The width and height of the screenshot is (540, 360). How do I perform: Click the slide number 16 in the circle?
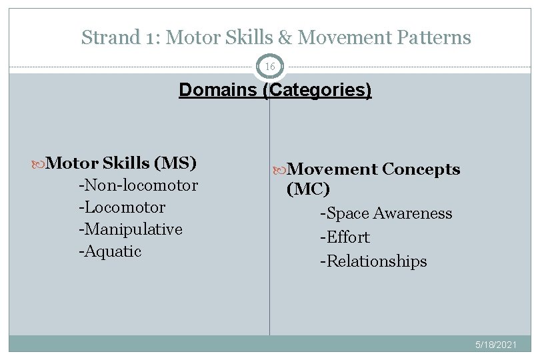pyautogui.click(x=269, y=67)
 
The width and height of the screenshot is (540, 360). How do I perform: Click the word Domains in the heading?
pyautogui.click(x=219, y=89)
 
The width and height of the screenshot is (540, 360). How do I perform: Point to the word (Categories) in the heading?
pyautogui.click(x=317, y=90)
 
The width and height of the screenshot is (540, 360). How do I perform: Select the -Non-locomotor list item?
pyautogui.click(x=138, y=185)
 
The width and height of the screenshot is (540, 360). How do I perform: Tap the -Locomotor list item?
pyautogui.click(x=121, y=207)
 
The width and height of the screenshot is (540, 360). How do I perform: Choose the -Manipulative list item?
pyautogui.click(x=130, y=229)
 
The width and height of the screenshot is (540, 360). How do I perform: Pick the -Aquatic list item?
pyautogui.click(x=110, y=251)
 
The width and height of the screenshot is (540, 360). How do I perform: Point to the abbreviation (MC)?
pyautogui.click(x=308, y=190)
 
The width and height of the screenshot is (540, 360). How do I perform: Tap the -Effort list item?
pyautogui.click(x=345, y=237)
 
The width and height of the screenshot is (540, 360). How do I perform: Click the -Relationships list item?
pyautogui.click(x=373, y=261)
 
